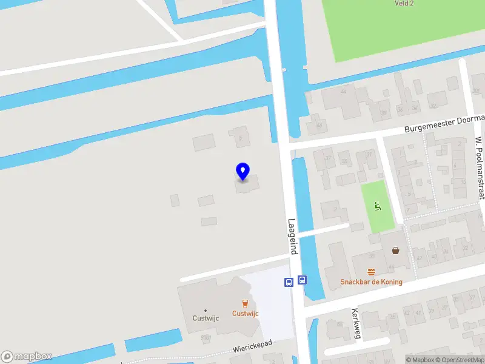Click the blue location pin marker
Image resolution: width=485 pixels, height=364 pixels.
pos(242,171)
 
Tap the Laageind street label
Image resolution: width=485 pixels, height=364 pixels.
pos(292,236)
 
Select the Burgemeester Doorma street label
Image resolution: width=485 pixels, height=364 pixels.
pos(444,124)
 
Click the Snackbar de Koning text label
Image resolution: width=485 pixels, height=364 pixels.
pos(371,282)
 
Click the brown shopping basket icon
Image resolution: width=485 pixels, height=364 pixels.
pos(396,250)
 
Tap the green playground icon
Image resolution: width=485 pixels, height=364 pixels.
pos(378,207)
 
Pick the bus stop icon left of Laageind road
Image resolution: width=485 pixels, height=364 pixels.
pos(289,281)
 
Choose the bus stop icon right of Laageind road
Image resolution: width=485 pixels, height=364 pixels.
pos(303,280)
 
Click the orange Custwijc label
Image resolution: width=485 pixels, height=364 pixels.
pos(246,314)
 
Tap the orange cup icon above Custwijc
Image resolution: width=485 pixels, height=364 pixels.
pos(246,303)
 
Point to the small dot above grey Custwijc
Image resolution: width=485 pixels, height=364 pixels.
pos(206,310)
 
